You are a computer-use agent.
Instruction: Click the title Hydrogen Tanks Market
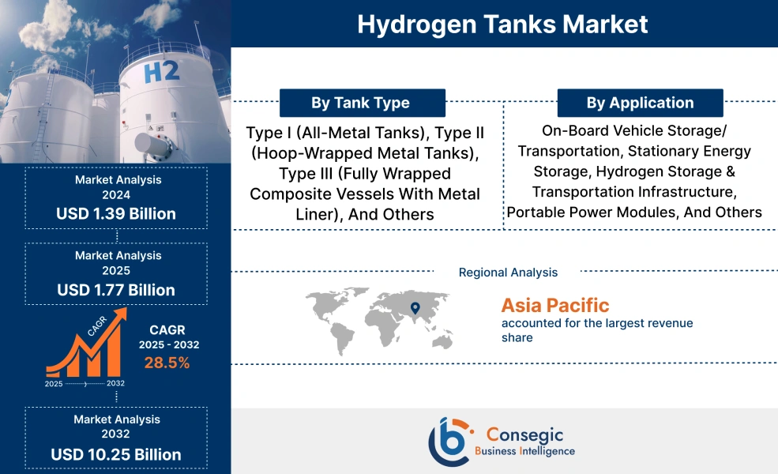click(502, 24)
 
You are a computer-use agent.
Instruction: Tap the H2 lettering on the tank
click(162, 73)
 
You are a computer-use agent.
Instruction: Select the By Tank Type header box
click(360, 103)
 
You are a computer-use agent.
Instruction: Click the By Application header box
click(640, 103)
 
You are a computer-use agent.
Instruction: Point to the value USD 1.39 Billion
click(116, 213)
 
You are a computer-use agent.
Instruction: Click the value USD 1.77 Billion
click(116, 290)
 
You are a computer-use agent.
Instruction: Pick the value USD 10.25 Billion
click(116, 454)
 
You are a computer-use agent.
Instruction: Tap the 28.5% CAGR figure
click(167, 363)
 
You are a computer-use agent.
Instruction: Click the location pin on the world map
click(413, 306)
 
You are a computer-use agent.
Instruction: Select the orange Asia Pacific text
click(554, 305)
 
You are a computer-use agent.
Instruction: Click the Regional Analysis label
click(508, 273)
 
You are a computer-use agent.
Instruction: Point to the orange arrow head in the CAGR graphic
click(120, 317)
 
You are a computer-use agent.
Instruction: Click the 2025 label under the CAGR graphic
click(54, 383)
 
